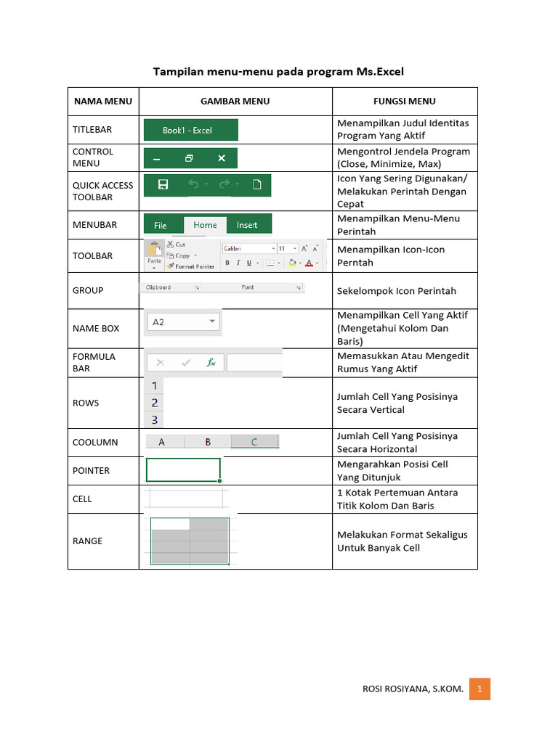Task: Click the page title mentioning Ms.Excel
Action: [278, 72]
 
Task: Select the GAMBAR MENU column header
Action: [235, 102]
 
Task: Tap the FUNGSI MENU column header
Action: [404, 102]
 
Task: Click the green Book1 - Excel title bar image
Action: [190, 130]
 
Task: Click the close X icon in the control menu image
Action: [222, 158]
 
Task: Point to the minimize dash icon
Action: [157, 158]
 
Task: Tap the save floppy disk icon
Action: [163, 184]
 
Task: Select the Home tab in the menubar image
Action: [205, 225]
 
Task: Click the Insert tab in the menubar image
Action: [247, 225]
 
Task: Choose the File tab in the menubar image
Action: [161, 225]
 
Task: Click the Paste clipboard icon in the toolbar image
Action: [154, 253]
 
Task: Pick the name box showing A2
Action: [183, 321]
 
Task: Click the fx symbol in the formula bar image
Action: [211, 362]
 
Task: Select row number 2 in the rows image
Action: [154, 403]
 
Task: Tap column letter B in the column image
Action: [208, 441]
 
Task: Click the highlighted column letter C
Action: [254, 441]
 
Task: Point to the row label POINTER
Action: [91, 470]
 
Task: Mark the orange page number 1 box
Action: [480, 689]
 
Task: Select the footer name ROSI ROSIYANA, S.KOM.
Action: [413, 689]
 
